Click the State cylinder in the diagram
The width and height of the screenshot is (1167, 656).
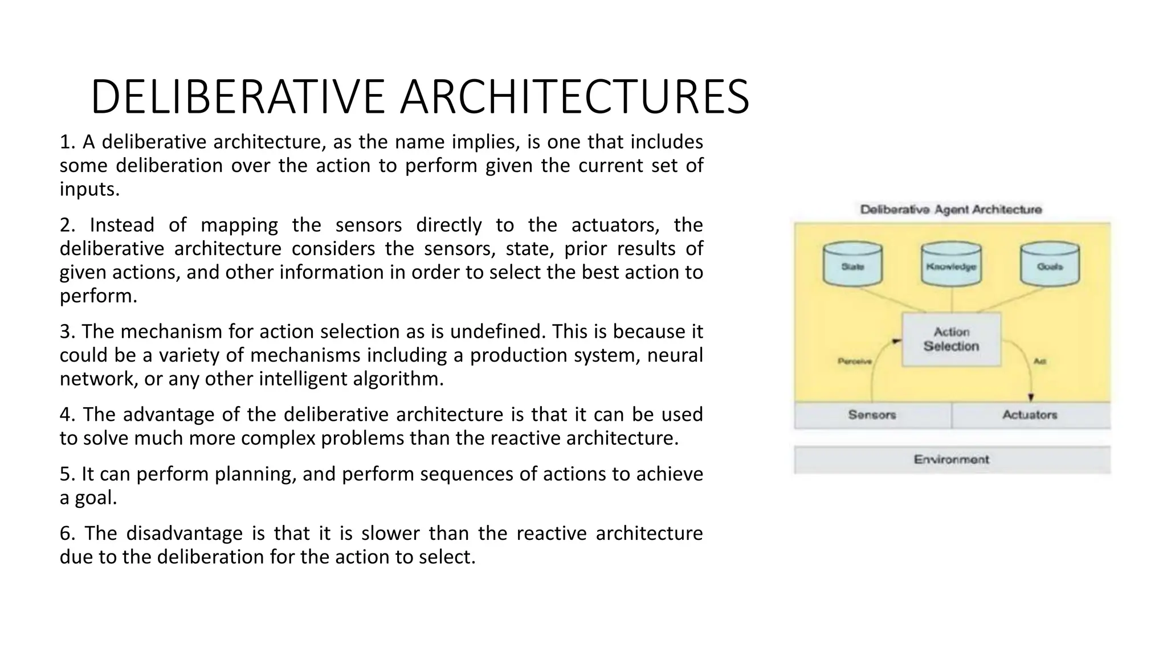pyautogui.click(x=852, y=265)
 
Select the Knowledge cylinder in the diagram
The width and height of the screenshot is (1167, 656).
pyautogui.click(x=951, y=265)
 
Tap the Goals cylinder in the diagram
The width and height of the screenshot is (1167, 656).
pyautogui.click(x=1050, y=265)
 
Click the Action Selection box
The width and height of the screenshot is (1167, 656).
pyautogui.click(x=951, y=339)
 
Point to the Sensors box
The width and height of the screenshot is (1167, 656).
pyautogui.click(x=872, y=415)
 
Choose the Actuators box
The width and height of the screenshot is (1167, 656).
pyautogui.click(x=1030, y=415)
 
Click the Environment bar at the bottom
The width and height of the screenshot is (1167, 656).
pyautogui.click(x=952, y=460)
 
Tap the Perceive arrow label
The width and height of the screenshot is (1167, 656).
pyautogui.click(x=854, y=361)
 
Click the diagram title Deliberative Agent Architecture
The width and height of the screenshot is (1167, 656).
pyautogui.click(x=950, y=210)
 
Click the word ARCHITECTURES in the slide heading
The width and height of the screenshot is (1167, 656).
pyautogui.click(x=574, y=97)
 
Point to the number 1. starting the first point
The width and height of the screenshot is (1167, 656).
pyautogui.click(x=67, y=142)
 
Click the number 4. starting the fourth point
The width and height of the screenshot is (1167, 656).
pyautogui.click(x=67, y=415)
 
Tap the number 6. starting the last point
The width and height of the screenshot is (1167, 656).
pyautogui.click(x=67, y=534)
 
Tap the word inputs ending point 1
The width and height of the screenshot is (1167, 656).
pyautogui.click(x=89, y=189)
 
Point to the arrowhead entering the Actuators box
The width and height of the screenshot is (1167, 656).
pyautogui.click(x=1031, y=397)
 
